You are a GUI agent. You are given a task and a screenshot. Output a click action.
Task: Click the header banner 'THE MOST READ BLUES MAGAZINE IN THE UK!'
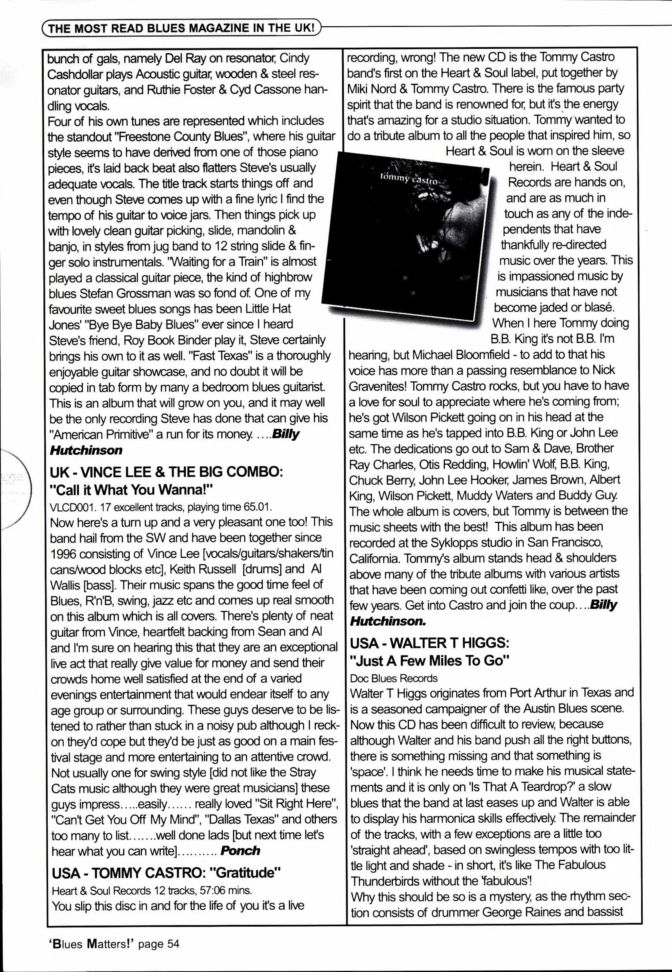click(x=181, y=29)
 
